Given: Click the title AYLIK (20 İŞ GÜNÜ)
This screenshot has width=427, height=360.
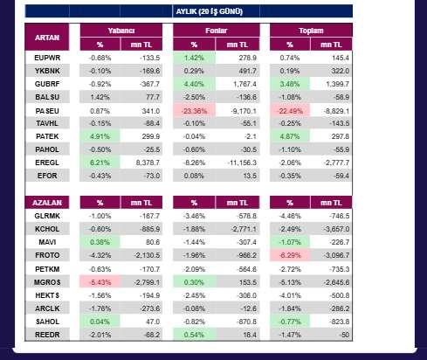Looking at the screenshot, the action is pyautogui.click(x=209, y=11).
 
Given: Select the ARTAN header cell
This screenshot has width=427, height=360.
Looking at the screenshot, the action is pyautogui.click(x=47, y=38).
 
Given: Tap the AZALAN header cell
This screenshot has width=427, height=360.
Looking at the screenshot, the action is pyautogui.click(x=47, y=203).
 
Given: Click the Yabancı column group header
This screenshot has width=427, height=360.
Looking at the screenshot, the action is pyautogui.click(x=121, y=31).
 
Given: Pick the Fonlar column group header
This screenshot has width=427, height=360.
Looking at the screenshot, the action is pyautogui.click(x=217, y=31).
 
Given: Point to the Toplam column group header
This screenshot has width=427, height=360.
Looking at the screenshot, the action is pyautogui.click(x=311, y=31).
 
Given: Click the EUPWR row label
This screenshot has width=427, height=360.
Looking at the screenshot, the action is pyautogui.click(x=47, y=58).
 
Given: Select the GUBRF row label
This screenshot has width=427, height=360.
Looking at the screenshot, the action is pyautogui.click(x=47, y=84).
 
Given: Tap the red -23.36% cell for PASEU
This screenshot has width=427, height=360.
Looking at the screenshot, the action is pyautogui.click(x=194, y=111).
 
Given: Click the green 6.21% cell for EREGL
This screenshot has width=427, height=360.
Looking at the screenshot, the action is pyautogui.click(x=100, y=163).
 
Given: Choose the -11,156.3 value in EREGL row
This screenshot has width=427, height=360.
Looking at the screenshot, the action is pyautogui.click(x=242, y=163).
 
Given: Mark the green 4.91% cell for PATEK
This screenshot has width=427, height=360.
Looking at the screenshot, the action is pyautogui.click(x=100, y=136).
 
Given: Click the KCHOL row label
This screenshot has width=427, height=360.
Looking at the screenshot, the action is pyautogui.click(x=47, y=229).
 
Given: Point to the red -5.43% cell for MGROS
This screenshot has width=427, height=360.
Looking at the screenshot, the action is pyautogui.click(x=100, y=282).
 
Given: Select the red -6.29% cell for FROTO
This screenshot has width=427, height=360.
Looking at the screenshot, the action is pyautogui.click(x=290, y=255).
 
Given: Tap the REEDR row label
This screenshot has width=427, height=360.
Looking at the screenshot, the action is pyautogui.click(x=47, y=335).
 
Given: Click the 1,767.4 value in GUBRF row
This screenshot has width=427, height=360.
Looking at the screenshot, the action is pyautogui.click(x=244, y=84).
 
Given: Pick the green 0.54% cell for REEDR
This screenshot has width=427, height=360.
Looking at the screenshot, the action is pyautogui.click(x=194, y=335).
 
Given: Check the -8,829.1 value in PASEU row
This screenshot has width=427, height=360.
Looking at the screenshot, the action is pyautogui.click(x=336, y=111).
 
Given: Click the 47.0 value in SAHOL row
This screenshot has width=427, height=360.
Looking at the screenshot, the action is pyautogui.click(x=153, y=322).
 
